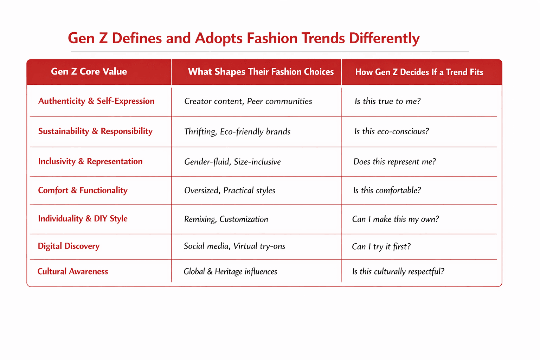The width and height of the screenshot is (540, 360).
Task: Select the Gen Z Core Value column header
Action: click(89, 72)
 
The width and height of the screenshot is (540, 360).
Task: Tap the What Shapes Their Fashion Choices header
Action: click(261, 72)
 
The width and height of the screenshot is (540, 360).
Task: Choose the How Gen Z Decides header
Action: click(419, 72)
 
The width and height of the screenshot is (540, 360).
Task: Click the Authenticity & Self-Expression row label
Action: click(96, 101)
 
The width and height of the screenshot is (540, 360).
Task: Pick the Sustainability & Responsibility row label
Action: click(96, 131)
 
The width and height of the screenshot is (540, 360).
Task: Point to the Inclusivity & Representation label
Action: click(90, 161)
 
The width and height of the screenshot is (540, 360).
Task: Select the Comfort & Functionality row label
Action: click(83, 190)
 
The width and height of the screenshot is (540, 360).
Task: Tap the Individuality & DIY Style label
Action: click(83, 219)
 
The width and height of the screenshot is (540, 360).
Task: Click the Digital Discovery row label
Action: click(69, 246)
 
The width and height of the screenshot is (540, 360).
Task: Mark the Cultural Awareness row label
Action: click(72, 271)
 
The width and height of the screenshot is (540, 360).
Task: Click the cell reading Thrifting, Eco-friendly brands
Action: click(237, 131)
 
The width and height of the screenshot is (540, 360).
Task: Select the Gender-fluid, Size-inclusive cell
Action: click(232, 162)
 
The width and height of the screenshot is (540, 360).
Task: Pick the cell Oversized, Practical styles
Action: click(230, 191)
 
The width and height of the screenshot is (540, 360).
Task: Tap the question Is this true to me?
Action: click(388, 101)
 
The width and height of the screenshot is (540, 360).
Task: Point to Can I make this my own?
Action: click(396, 219)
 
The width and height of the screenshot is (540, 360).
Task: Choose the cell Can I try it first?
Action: click(381, 246)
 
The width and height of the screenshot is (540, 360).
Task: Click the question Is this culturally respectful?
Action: click(398, 272)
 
